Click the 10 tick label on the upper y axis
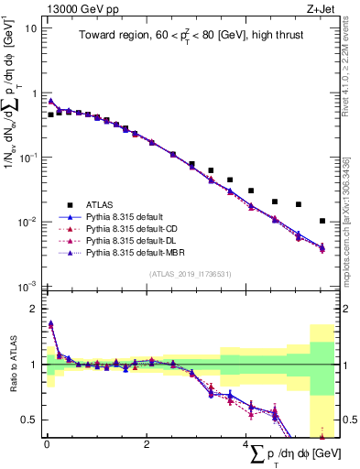tap(30, 28)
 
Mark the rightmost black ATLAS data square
tap(322, 221)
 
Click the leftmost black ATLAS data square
tap(50, 115)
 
